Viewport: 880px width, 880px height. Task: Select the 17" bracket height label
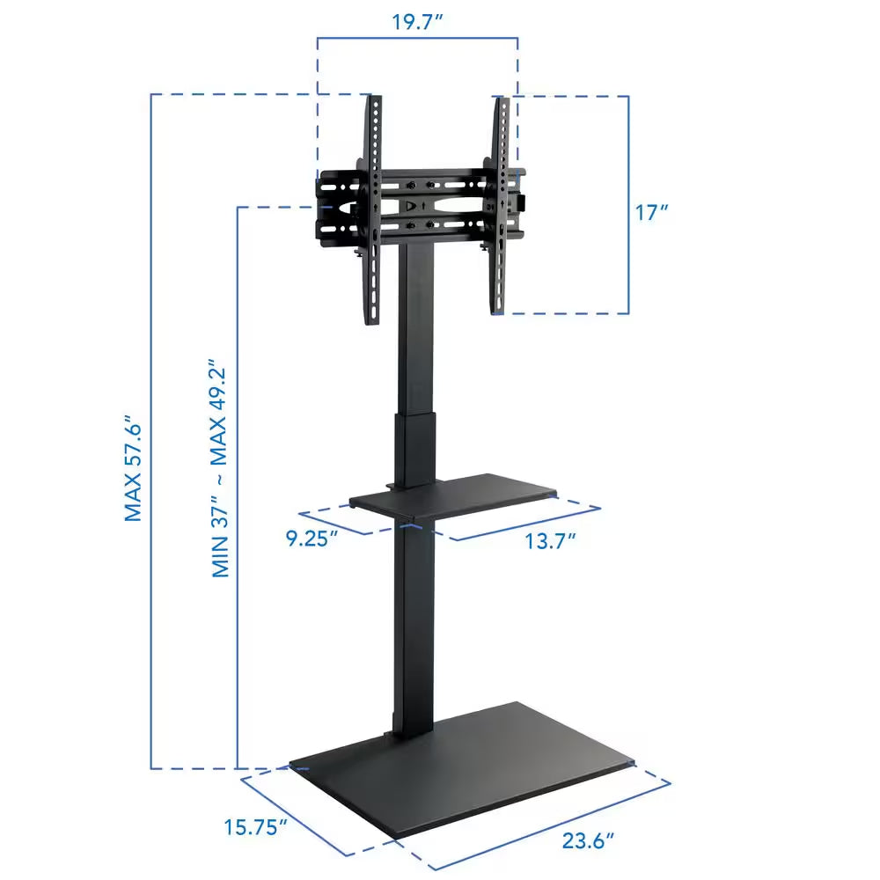pos(652,212)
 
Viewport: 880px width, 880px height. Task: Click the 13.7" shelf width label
pos(551,540)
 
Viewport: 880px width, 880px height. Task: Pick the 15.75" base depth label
pos(256,827)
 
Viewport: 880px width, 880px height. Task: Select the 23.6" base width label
pos(588,840)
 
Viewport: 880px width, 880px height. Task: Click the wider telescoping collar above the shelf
pos(414,449)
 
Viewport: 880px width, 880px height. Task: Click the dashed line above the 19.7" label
pos(417,38)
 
